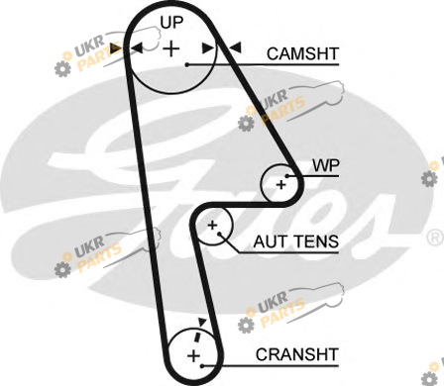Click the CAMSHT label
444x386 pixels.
[302, 53]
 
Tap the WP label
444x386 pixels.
[326, 165]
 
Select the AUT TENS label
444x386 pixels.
[296, 241]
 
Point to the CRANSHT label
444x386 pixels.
[297, 354]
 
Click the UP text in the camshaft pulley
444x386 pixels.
[171, 23]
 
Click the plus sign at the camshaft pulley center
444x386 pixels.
[171, 48]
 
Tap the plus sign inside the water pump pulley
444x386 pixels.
[281, 185]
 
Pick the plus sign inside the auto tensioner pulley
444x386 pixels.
[212, 226]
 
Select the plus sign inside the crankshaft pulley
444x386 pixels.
[194, 356]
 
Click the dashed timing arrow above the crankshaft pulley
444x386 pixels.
[199, 332]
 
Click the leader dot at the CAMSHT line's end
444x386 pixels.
[187, 64]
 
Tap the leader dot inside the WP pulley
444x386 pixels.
[287, 176]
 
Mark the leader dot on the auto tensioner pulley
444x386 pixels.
[219, 234]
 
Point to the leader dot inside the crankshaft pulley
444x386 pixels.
[202, 366]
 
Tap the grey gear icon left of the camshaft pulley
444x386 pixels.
[62, 69]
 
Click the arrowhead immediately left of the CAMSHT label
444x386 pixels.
[236, 48]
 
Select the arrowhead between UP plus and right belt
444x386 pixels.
[208, 48]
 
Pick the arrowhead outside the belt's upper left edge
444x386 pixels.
[116, 48]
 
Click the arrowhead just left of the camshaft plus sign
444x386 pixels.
[137, 48]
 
